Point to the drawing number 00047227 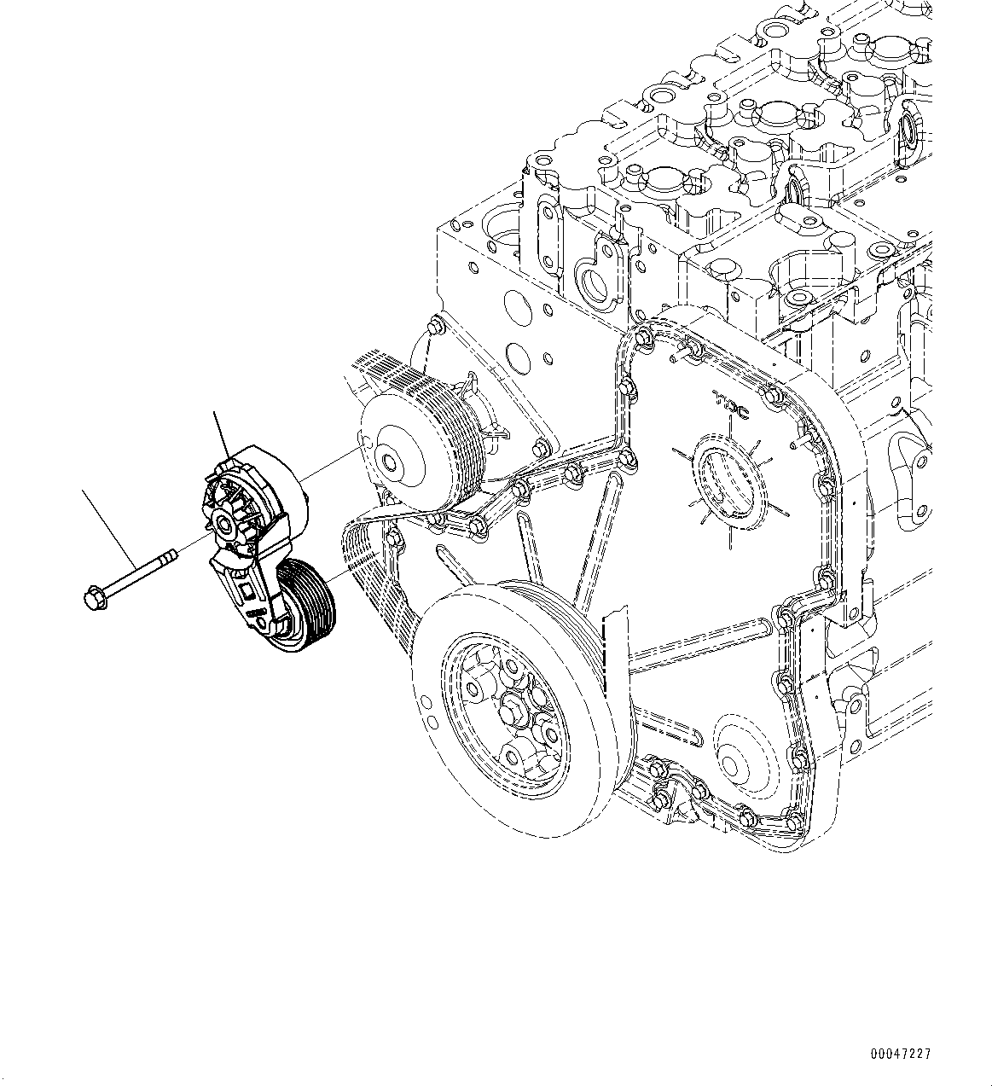click(x=900, y=1054)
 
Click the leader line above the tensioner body click(x=221, y=435)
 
